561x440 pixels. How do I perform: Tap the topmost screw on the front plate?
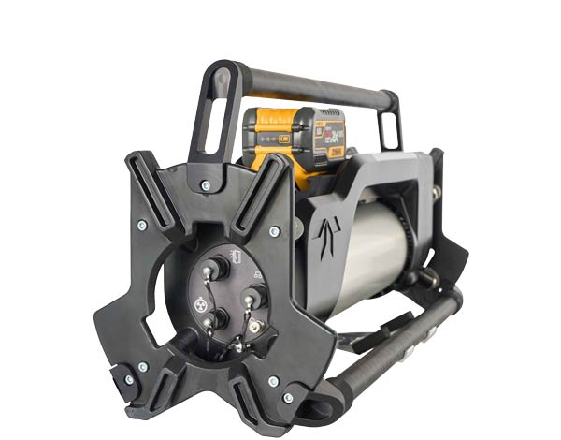208,184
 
